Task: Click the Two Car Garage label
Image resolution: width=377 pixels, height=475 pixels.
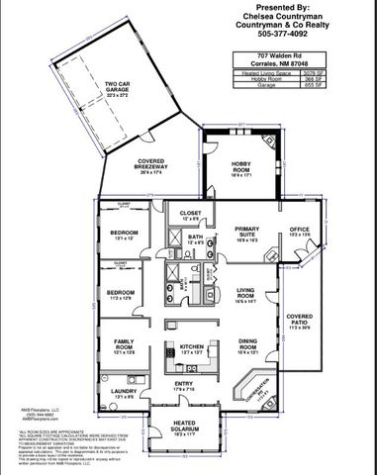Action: [118, 87]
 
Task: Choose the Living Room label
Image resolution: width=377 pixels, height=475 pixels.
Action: [247, 293]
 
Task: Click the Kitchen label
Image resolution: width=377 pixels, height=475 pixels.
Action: [191, 348]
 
